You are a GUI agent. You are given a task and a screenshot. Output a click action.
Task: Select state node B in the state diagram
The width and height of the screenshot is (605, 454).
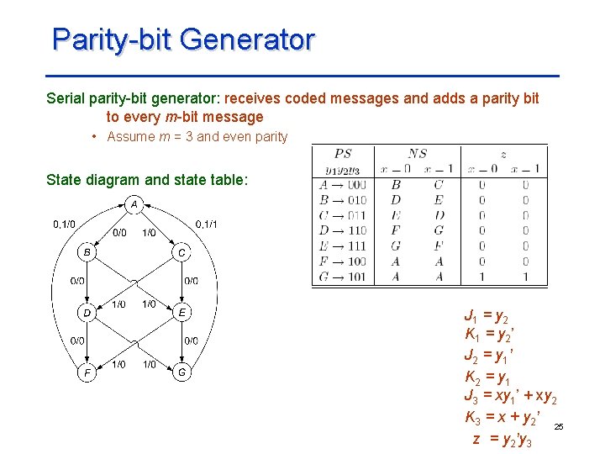point(87,251)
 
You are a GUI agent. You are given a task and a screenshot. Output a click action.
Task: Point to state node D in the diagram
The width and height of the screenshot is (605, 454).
point(87,312)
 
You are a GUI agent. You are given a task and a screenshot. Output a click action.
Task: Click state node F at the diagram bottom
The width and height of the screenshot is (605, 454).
point(87,372)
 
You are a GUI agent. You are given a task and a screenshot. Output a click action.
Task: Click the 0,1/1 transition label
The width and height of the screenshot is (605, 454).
point(206,224)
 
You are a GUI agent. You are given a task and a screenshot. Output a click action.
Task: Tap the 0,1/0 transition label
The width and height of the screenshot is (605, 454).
point(64,224)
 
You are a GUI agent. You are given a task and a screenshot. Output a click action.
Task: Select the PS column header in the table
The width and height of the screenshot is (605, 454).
point(343,153)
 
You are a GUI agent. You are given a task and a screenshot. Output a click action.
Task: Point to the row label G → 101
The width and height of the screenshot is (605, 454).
point(343,276)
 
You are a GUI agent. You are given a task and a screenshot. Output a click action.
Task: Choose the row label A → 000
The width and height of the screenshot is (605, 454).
point(343,185)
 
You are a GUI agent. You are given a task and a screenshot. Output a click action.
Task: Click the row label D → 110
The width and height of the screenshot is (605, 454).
point(343,230)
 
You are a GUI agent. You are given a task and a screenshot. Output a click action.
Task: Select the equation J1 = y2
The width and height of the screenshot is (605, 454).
point(487,317)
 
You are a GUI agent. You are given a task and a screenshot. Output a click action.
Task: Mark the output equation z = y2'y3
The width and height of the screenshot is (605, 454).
point(502,438)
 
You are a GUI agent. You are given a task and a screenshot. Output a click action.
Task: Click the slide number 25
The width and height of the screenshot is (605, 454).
point(559,428)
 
